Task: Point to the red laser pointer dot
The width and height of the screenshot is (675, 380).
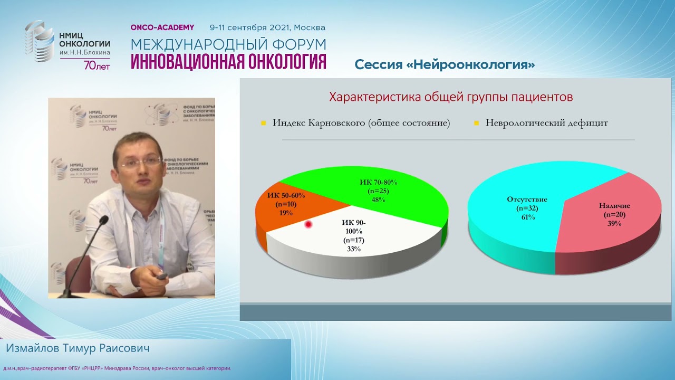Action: [x=308, y=225]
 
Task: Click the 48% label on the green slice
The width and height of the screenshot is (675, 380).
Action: [x=378, y=200]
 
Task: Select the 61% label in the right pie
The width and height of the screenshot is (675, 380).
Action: [x=527, y=217]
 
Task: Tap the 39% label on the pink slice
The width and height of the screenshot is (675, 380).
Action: [x=614, y=223]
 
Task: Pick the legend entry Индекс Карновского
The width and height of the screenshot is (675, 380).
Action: [x=361, y=123]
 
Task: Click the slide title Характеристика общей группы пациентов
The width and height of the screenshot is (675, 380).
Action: [x=451, y=97]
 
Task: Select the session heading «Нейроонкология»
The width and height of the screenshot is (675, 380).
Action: [x=445, y=65]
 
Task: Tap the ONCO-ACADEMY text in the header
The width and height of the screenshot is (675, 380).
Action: [x=162, y=27]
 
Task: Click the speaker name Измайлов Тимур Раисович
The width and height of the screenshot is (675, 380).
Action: [x=78, y=349]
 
